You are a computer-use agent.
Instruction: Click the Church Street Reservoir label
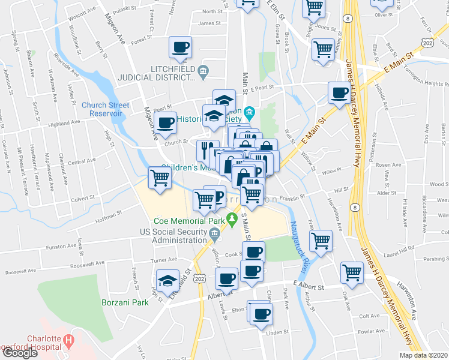(106, 109)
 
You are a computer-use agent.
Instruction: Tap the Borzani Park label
(125, 302)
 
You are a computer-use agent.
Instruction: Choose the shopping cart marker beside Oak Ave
(351, 272)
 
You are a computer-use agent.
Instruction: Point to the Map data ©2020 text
(424, 355)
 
